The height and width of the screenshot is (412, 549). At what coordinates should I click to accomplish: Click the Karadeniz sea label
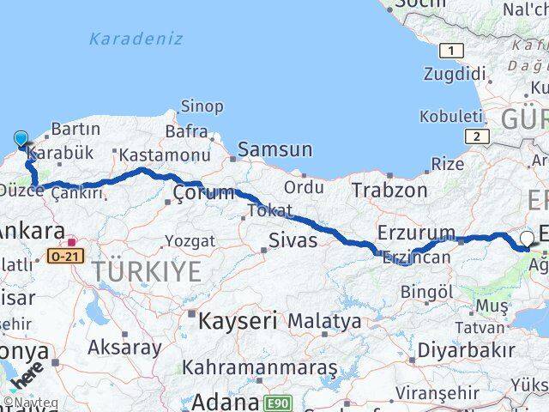136,39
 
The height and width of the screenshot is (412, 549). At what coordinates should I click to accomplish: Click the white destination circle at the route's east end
528,239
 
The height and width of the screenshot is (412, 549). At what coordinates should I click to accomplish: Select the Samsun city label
274,149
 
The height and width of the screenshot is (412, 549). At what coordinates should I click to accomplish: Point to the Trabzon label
389,190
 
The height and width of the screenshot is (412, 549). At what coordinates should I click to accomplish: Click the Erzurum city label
416,233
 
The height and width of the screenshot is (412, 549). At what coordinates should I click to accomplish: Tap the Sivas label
293,240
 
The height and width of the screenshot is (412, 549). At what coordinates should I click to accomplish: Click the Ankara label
33,231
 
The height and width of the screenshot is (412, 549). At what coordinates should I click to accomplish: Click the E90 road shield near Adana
277,401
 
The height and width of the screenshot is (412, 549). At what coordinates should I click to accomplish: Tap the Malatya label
324,322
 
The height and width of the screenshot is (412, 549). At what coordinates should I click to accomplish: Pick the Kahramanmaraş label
257,368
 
